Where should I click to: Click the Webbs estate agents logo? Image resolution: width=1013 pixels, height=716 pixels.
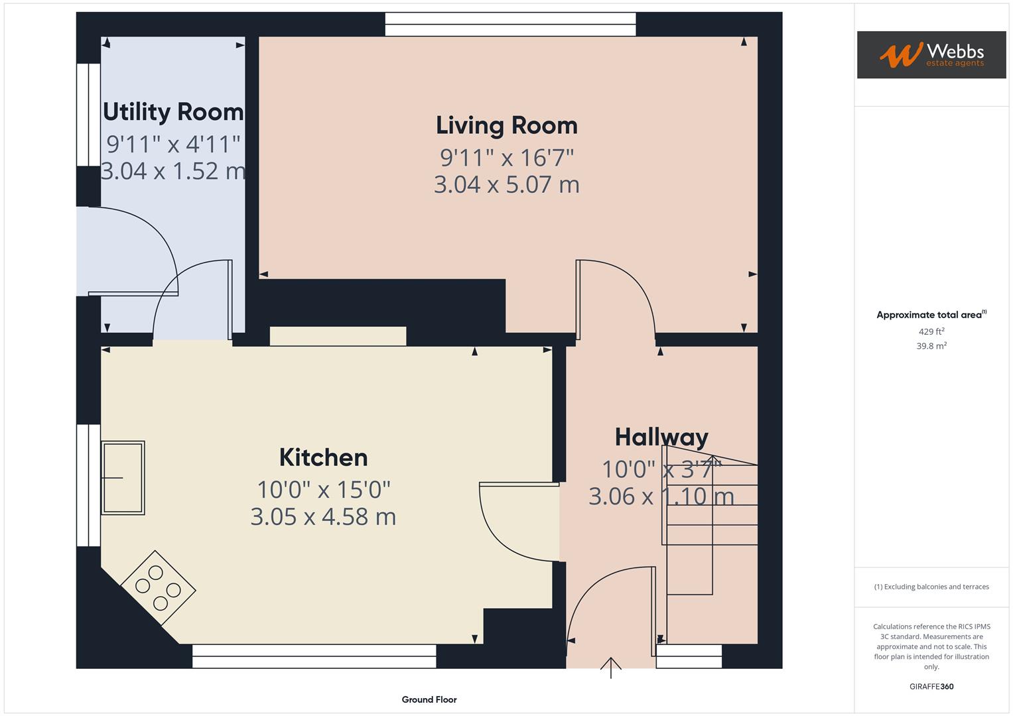point(931,54)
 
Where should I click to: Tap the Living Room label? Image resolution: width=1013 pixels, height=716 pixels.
point(506,125)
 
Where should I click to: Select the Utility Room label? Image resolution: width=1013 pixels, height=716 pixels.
point(173,111)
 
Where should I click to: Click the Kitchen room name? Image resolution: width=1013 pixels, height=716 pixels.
point(323,457)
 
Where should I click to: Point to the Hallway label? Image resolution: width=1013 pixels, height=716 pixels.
point(661,437)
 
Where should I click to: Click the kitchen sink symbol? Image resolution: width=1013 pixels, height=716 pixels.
point(123,477)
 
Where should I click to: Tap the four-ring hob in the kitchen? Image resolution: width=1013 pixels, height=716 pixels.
point(158,587)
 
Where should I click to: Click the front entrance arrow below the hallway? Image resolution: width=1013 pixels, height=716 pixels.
point(610,667)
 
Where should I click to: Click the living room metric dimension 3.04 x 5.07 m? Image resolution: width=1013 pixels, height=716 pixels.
point(506,184)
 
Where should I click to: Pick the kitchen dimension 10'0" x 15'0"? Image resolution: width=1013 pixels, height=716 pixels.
point(323,490)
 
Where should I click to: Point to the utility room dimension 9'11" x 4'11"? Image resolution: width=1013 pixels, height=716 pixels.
point(173,144)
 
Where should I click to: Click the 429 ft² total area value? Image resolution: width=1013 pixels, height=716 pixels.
point(931,331)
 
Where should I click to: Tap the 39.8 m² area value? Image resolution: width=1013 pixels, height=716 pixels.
point(931,346)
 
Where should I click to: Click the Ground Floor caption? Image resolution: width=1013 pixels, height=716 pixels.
point(429,699)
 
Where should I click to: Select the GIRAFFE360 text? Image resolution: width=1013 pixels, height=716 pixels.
point(931,687)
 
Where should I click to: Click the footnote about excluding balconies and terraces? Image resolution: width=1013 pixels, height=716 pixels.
point(931,587)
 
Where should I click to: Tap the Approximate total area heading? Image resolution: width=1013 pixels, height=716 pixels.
point(931,315)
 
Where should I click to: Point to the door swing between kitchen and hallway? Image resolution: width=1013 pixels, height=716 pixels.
point(514,524)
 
